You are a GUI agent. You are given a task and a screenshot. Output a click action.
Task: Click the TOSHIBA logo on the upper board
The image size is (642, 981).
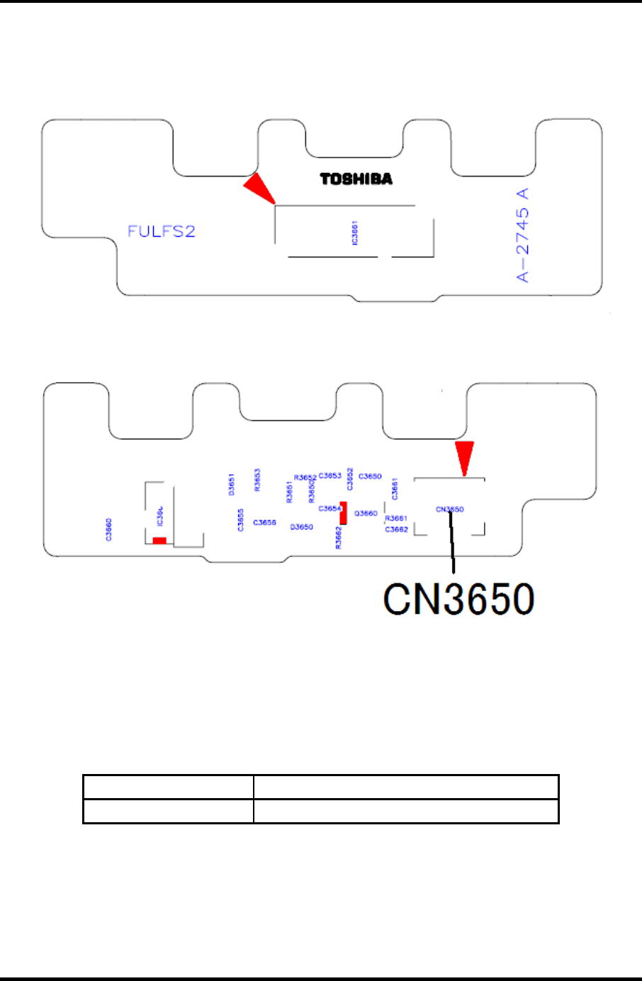coord(356,179)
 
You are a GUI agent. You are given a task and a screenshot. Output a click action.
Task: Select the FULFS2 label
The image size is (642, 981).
coord(161,231)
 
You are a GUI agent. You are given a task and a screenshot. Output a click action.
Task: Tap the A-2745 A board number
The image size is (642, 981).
coord(523,235)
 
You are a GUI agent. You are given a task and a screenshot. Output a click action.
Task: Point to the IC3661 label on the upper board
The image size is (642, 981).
coord(355,233)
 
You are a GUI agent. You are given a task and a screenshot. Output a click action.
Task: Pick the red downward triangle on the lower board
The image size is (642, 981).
coord(464,457)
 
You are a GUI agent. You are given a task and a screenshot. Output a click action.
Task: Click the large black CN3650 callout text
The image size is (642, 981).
coord(458,600)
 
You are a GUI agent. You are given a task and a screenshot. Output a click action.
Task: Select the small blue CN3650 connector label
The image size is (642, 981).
coord(450,509)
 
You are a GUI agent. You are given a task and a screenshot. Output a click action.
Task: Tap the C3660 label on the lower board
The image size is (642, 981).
coord(108,529)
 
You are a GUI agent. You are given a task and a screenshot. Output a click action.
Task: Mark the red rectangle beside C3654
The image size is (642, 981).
coord(344,512)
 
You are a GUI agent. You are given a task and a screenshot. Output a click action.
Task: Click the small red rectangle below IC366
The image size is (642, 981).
coord(159,541)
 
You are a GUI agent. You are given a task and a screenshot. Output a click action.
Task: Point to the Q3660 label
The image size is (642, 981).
coord(366,513)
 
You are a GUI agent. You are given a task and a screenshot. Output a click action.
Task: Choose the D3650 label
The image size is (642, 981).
coord(302,527)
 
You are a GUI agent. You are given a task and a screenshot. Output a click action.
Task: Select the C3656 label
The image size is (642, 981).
coord(264,522)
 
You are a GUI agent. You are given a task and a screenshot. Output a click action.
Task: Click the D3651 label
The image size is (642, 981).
coord(232,484)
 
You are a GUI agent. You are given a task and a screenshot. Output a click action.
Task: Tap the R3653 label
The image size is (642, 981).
coord(257,480)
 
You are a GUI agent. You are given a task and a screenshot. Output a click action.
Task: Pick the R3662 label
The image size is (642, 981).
coord(339,537)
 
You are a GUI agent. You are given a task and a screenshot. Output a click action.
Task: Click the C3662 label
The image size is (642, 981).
coord(396,529)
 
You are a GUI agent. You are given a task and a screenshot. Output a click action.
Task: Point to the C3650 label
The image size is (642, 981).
coord(370,476)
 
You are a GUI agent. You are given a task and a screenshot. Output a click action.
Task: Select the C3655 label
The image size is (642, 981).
coord(241,520)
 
